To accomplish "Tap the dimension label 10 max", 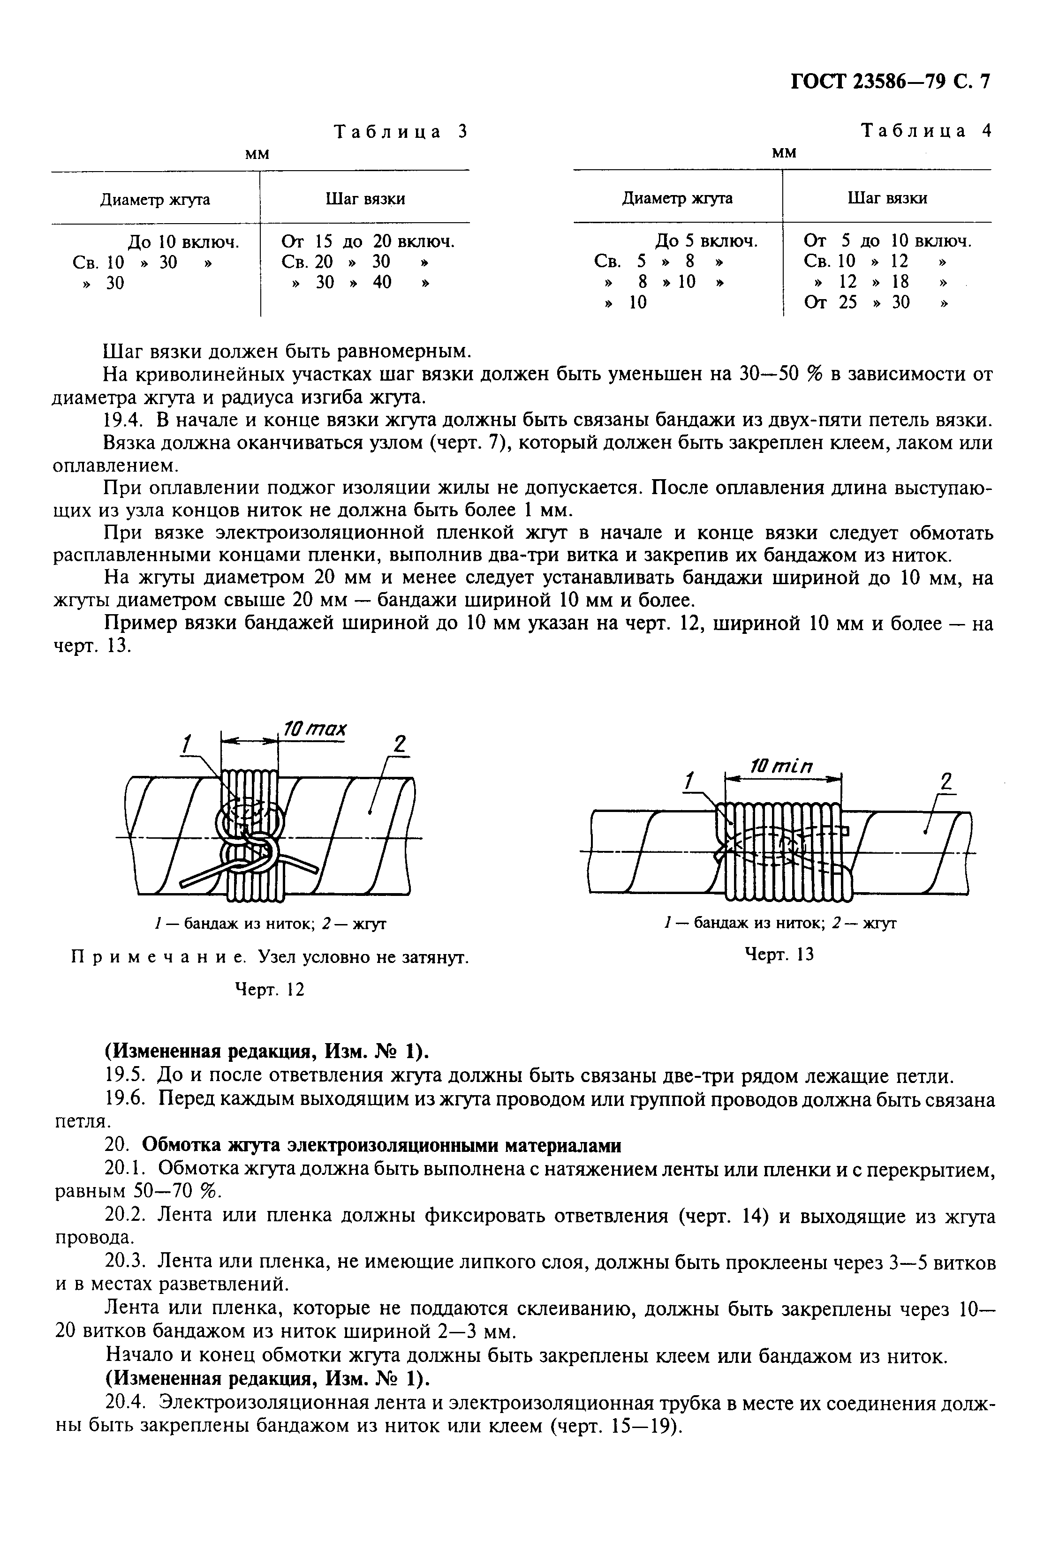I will tap(314, 729).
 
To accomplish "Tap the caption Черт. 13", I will tap(779, 954).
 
